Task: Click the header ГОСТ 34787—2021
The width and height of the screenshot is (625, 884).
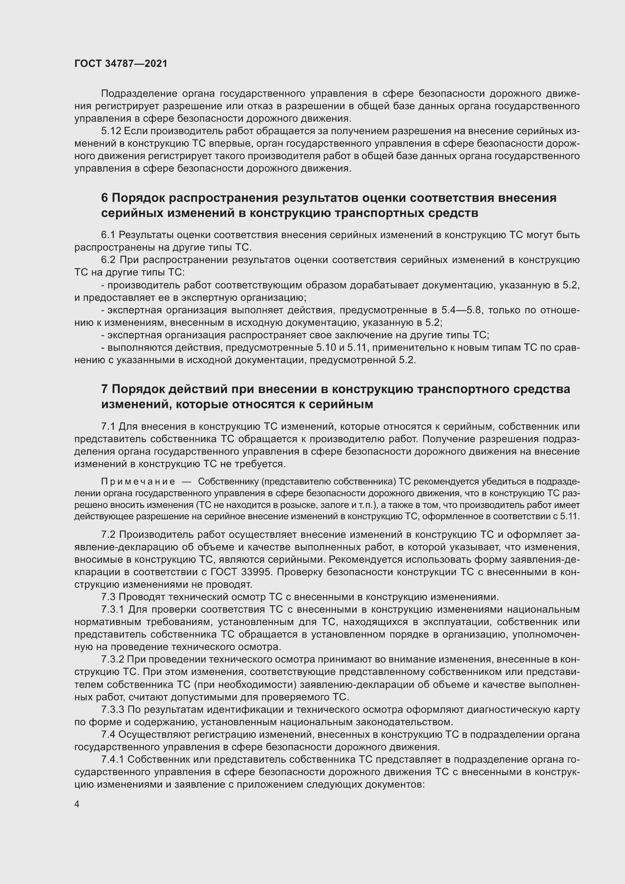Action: (x=121, y=63)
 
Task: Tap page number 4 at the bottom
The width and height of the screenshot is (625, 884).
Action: (x=77, y=804)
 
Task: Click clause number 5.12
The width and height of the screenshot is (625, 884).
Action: (x=111, y=131)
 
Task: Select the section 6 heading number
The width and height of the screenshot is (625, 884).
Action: (x=105, y=198)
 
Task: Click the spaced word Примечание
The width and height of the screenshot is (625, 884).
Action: (x=138, y=481)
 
